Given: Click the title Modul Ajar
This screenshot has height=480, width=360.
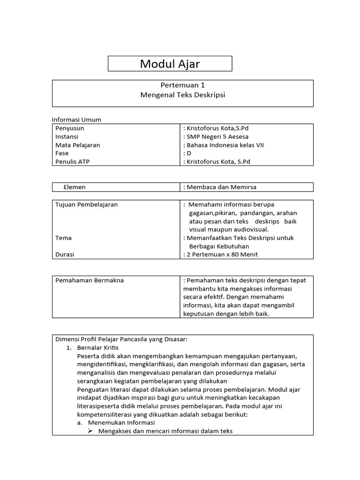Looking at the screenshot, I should pyautogui.click(x=170, y=64).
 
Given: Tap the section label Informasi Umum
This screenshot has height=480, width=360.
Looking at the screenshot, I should pyautogui.click(x=76, y=120).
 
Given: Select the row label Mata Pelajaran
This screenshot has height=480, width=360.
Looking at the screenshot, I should pyautogui.click(x=77, y=145).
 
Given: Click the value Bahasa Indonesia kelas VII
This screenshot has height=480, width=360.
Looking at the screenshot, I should pyautogui.click(x=225, y=145).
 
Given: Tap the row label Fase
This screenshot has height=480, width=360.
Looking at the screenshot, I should pyautogui.click(x=62, y=153).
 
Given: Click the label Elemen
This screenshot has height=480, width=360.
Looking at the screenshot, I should pyautogui.click(x=75, y=187).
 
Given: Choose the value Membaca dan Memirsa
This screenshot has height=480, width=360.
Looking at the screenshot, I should pyautogui.click(x=221, y=187).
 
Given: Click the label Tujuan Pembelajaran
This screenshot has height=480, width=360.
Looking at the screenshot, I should pyautogui.click(x=86, y=204).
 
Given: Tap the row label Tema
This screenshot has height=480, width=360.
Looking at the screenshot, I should pyautogui.click(x=63, y=238).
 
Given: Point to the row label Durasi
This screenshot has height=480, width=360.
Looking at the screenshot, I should pyautogui.click(x=65, y=255).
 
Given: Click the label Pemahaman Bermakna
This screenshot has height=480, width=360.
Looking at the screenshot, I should pyautogui.click(x=90, y=280).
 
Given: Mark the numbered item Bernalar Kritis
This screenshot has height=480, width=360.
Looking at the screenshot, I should pyautogui.click(x=98, y=347).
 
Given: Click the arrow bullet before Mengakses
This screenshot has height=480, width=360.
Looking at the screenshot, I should pyautogui.click(x=91, y=431).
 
